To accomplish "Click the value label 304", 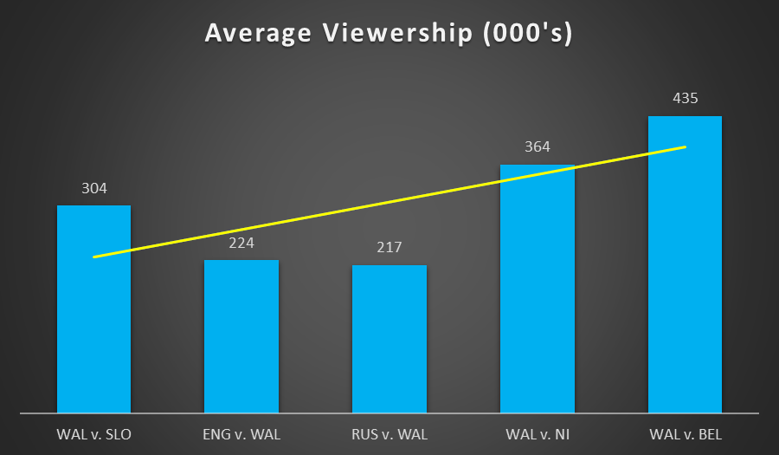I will click(x=93, y=188).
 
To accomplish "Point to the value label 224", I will click(x=241, y=243).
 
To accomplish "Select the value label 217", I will click(x=389, y=248).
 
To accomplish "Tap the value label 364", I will click(x=538, y=147).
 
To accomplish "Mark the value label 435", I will click(x=685, y=99).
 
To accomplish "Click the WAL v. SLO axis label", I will click(x=93, y=433).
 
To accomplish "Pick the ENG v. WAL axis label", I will click(x=241, y=433).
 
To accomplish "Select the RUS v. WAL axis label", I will click(x=389, y=433).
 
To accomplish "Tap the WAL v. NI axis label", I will click(x=538, y=433).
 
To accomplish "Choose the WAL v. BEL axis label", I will click(x=685, y=433).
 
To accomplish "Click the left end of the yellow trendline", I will click(x=94, y=257).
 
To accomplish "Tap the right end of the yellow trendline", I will click(x=685, y=146).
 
